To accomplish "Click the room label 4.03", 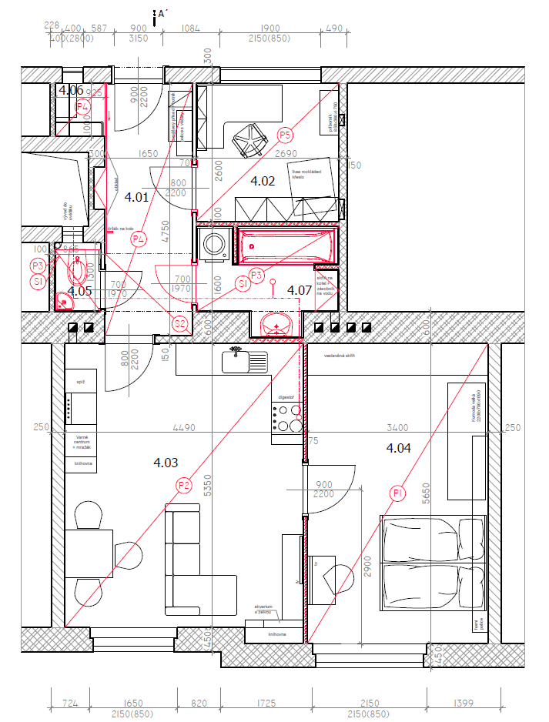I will pos(166,463).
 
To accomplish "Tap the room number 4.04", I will pos(399,448).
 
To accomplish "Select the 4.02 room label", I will pos(263,182).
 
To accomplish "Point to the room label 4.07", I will pos(300,290).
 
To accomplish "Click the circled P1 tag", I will pos(397,493).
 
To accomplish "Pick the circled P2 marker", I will pos(183,485).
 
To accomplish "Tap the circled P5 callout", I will pos(286,135).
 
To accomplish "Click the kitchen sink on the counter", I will pos(245,359).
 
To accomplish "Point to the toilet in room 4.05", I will pos(76,271).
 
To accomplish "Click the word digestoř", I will pos(285,397).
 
